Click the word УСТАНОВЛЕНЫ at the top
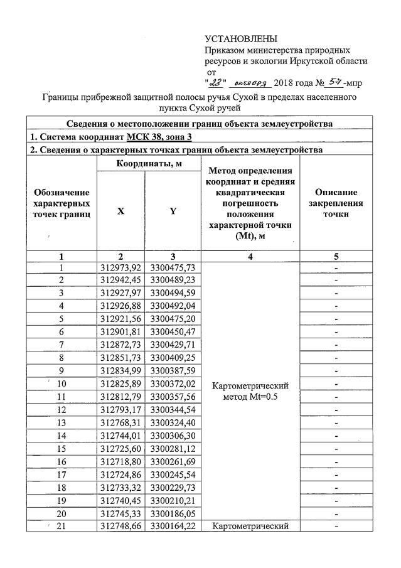coord(240,40)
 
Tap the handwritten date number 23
coord(216,82)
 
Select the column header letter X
coord(120,212)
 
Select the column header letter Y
coord(173,212)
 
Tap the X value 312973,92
coord(120,268)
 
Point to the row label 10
coord(61,384)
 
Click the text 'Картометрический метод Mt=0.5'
coord(251,390)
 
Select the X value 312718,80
coord(120,461)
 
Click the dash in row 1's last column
coord(336,268)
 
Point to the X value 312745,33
coord(120,513)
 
